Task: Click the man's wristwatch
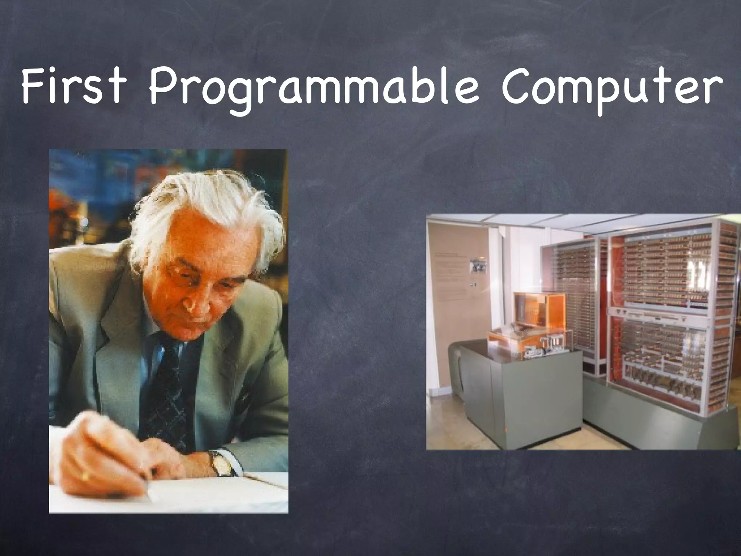(x=221, y=463)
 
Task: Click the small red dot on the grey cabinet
(x=505, y=430)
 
